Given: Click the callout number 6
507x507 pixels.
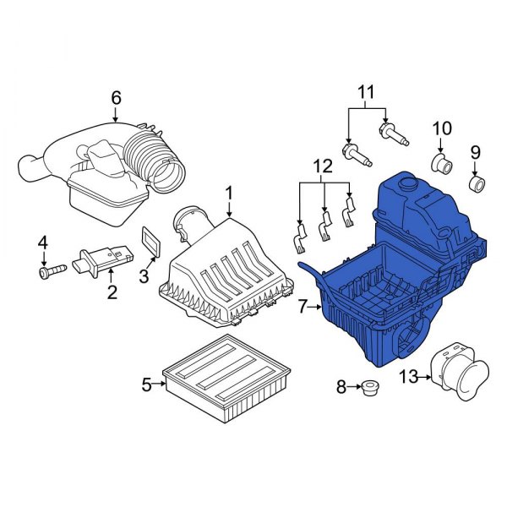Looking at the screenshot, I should [116, 97].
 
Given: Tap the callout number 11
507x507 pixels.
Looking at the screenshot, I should [366, 90].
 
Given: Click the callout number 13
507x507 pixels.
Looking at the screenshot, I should [407, 377].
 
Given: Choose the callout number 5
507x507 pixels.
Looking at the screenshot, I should [146, 385].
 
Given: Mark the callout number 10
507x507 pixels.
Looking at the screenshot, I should [442, 128].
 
